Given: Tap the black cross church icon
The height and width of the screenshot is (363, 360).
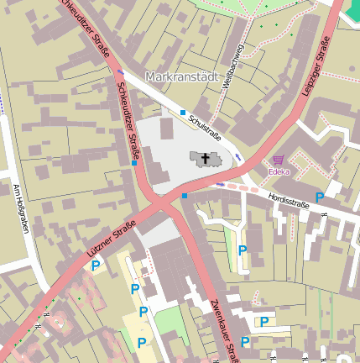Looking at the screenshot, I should coord(206,158).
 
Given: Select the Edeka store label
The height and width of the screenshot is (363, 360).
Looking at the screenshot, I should coord(279,172).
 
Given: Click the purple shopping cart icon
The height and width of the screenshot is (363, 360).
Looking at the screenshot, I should coord(278,160).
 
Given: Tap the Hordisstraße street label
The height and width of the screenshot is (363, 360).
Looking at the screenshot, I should coord(290,200).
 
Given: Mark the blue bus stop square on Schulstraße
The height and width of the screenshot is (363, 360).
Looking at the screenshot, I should coord(183,112).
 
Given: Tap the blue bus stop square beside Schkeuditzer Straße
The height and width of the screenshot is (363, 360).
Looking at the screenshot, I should coord(134,164).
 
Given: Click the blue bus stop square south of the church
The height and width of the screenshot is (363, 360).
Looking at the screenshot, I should coord(185,196).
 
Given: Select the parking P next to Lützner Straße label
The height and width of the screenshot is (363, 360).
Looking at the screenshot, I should coord(96,266).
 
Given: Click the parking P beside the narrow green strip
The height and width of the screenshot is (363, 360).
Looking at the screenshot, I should coord(243,250).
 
